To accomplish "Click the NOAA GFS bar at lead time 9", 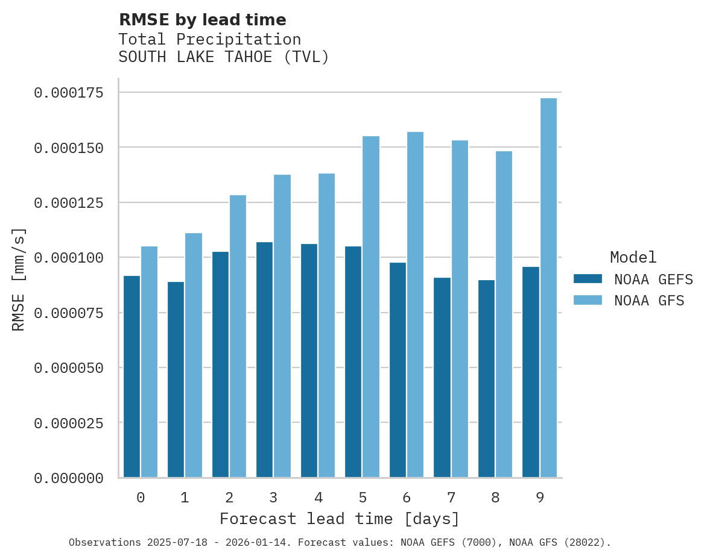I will click(x=548, y=288).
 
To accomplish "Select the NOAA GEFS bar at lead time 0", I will click(x=132, y=376).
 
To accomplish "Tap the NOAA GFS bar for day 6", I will click(x=415, y=305).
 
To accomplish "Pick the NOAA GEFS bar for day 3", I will click(x=264, y=360).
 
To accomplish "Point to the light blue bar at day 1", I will click(x=194, y=355).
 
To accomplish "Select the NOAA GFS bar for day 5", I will click(x=371, y=307).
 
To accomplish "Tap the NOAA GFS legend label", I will click(x=649, y=301).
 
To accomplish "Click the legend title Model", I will click(x=633, y=257).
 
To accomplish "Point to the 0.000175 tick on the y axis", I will click(x=68, y=93).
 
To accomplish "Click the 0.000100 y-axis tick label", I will click(x=68, y=258).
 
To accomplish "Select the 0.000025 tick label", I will click(x=68, y=423).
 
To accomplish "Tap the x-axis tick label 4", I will click(x=318, y=498).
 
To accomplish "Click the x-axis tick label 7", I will click(x=451, y=498).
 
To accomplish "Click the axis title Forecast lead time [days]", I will click(x=340, y=519).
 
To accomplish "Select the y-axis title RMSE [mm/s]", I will click(x=19, y=279).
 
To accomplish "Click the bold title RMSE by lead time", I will click(x=202, y=20).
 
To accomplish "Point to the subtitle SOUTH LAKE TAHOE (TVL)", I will click(x=224, y=57).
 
